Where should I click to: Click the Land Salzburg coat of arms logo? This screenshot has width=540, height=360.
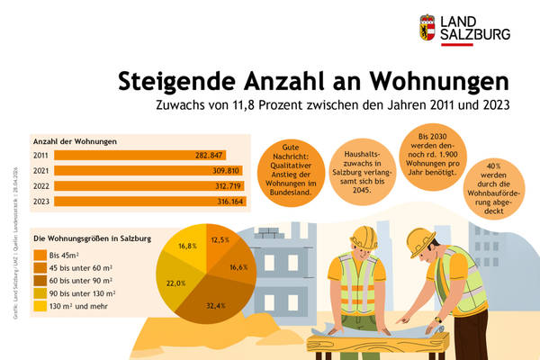point(427,27)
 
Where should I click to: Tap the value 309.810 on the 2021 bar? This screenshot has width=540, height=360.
point(222,170)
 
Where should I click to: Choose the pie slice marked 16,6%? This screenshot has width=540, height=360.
point(238,267)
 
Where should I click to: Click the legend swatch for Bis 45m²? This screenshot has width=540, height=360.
point(40,255)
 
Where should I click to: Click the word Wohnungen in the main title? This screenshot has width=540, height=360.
point(441,80)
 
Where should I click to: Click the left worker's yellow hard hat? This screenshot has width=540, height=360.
point(364,237)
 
